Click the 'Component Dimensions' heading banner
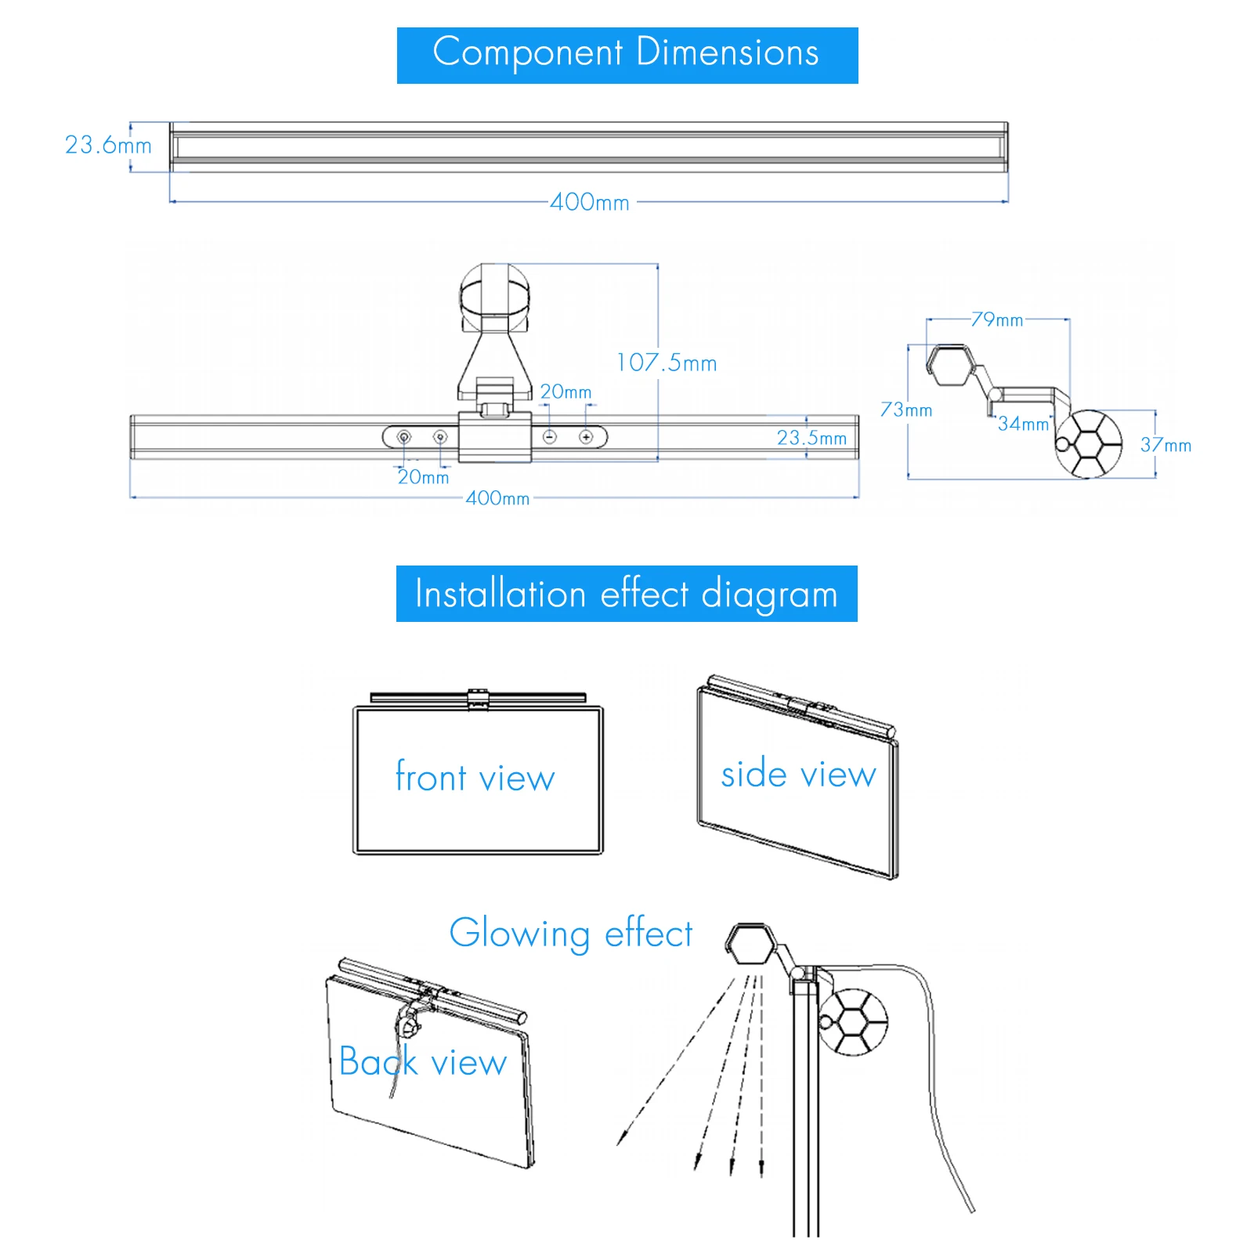click(x=627, y=56)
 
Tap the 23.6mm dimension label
click(x=108, y=146)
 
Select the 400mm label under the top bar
click(x=590, y=202)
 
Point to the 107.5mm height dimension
click(x=667, y=363)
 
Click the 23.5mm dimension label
click(x=811, y=438)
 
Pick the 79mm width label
click(x=997, y=320)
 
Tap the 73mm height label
click(x=906, y=410)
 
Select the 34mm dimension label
click(x=1023, y=424)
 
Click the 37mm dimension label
click(x=1165, y=445)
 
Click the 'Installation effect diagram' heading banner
click(x=627, y=594)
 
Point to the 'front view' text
click(x=475, y=777)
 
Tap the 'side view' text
click(x=798, y=774)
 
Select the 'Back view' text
click(x=423, y=1061)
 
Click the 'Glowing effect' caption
click(x=571, y=934)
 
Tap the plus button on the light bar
click(x=586, y=437)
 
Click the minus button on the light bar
click(x=550, y=437)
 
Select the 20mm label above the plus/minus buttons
click(x=566, y=392)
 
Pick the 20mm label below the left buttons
click(x=423, y=477)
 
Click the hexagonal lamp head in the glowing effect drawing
click(x=750, y=943)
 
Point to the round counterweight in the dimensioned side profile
click(x=1089, y=443)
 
